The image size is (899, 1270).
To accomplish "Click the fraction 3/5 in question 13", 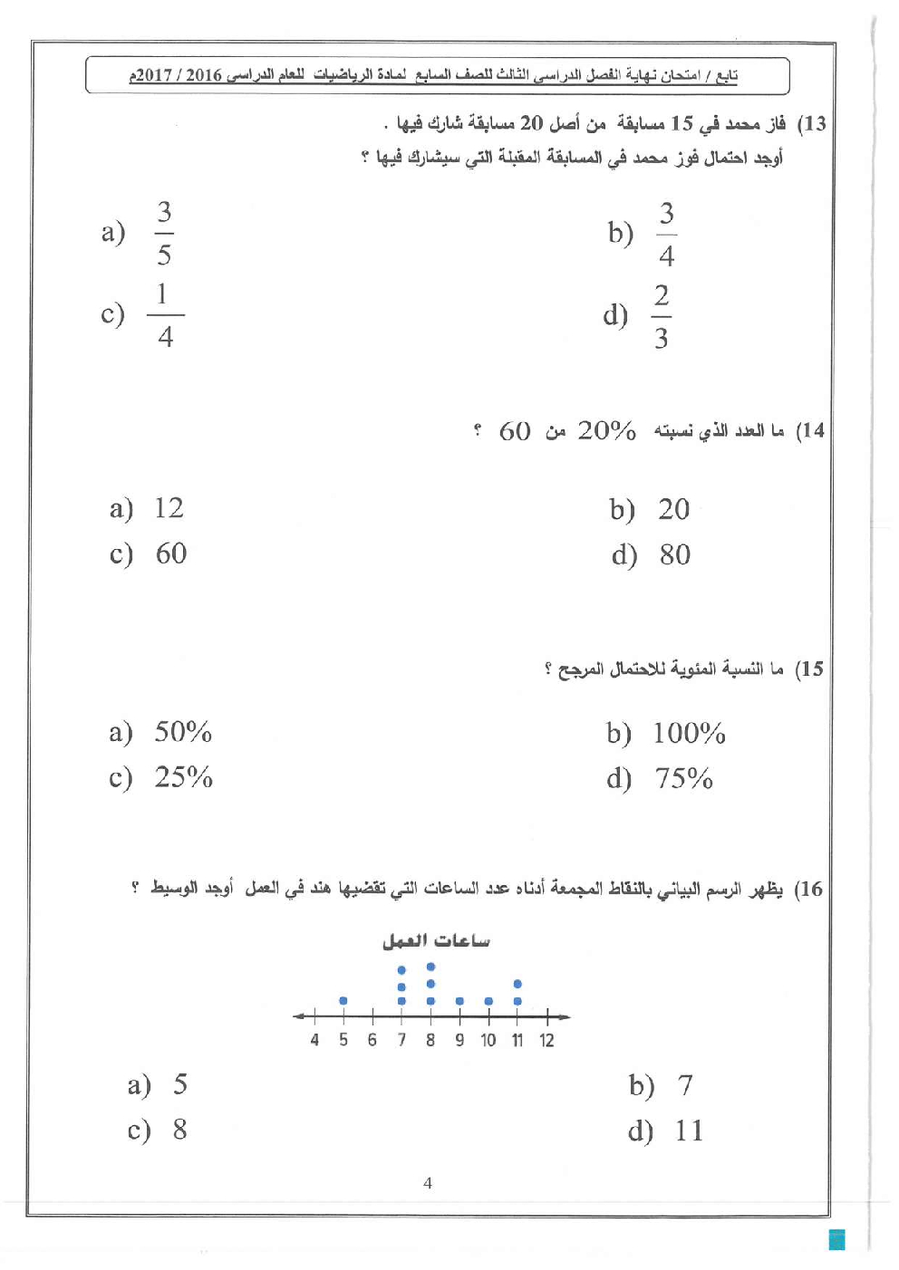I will tap(164, 233).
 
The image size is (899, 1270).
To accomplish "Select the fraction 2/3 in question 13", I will tap(662, 316).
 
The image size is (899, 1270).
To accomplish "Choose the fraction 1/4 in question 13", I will tap(165, 315).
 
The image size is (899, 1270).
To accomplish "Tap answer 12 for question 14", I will tap(169, 507).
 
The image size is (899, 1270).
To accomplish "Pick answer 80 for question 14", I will tap(675, 554).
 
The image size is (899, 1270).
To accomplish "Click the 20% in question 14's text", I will tap(606, 430).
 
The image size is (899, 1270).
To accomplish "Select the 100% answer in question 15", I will tap(689, 733).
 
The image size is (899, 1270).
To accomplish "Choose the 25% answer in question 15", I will tap(183, 777).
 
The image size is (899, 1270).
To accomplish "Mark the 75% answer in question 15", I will tap(683, 778).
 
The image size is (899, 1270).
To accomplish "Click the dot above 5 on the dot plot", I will tap(343, 1001).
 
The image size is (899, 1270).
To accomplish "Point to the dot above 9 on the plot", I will tap(459, 1001).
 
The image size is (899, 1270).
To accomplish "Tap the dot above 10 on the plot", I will tap(488, 1001).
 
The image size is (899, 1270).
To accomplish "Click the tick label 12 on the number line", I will tap(546, 1040).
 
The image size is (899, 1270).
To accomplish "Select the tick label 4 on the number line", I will tap(314, 1040).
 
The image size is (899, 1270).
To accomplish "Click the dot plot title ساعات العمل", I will tap(435, 941).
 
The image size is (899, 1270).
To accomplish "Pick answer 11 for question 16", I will tap(689, 1130).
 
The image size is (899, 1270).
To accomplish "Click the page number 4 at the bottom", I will tap(428, 1182).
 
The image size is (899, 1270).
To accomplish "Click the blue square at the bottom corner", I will tap(837, 1239).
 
